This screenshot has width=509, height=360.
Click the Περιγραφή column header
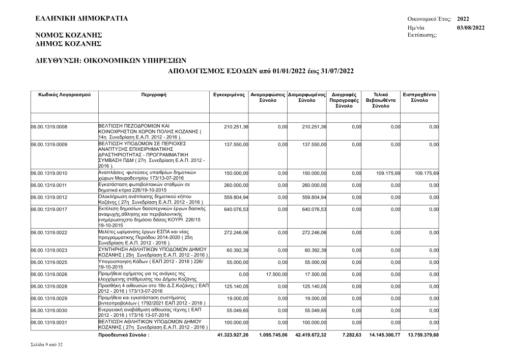[x=154, y=95]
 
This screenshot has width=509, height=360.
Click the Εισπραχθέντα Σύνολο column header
[x=420, y=98]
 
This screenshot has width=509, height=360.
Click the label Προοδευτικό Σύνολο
[x=124, y=335]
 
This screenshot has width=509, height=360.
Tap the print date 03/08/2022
[x=470, y=27]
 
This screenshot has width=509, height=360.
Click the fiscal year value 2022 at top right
[x=463, y=18]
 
